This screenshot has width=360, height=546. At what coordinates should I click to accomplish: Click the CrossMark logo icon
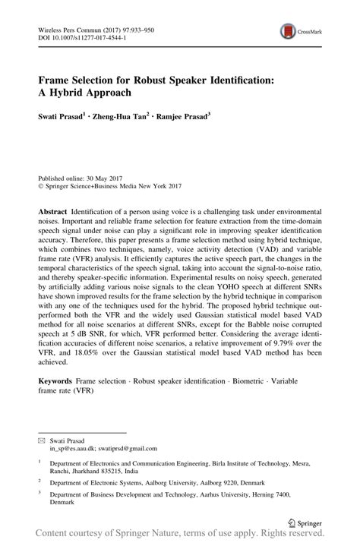(x=289, y=30)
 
